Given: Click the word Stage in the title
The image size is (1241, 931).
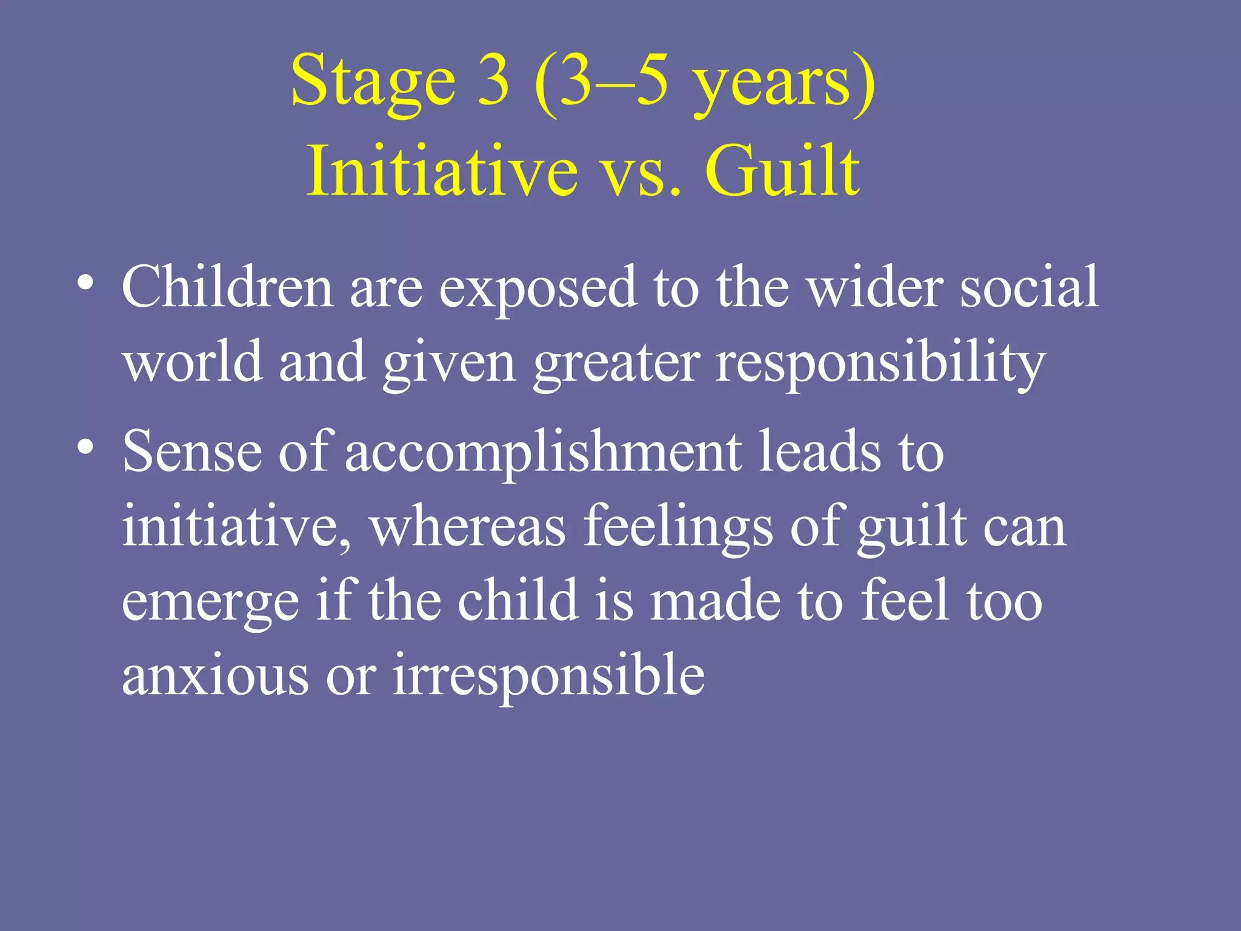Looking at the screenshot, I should (373, 82).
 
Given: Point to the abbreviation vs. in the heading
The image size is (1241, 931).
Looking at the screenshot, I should (640, 176).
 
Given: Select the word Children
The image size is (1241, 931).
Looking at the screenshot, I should (227, 287).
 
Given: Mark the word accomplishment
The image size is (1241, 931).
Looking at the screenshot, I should (543, 453).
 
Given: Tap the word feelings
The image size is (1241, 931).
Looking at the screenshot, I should (678, 527).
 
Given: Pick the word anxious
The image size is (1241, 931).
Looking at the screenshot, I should (215, 676).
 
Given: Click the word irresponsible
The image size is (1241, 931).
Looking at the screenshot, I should (548, 676).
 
